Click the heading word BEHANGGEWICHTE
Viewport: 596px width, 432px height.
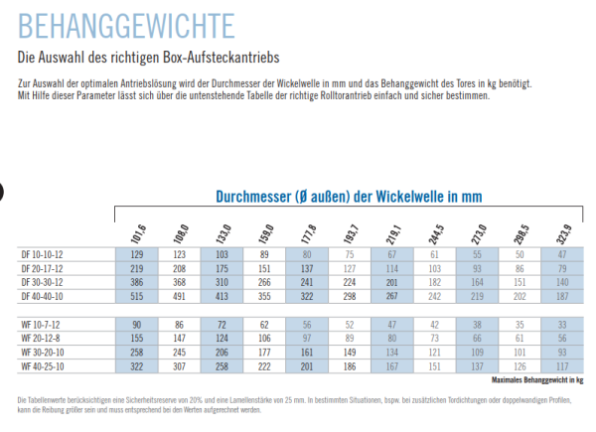[x=127, y=23]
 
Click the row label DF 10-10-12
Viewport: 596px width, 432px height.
[x=43, y=255]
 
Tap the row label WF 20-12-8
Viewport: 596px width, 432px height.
[x=41, y=338]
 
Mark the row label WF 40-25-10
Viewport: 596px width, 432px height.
[x=43, y=365]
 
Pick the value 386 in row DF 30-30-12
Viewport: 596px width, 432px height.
[x=137, y=282]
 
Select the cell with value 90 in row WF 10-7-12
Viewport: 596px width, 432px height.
[x=137, y=324]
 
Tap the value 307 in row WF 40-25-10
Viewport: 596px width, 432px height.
[x=179, y=365]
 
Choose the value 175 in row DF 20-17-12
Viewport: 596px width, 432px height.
[x=222, y=268]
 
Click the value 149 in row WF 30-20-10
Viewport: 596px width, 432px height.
[x=348, y=352]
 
